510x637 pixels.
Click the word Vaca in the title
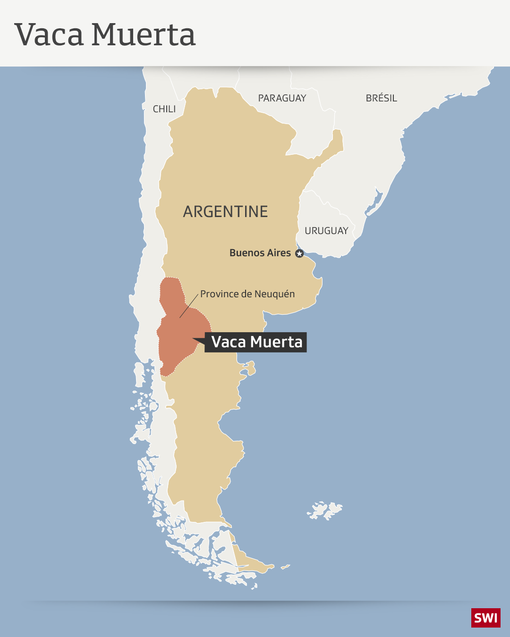(49, 35)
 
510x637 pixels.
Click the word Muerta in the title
(143, 35)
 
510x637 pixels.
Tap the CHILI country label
(164, 109)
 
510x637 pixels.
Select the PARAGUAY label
(282, 98)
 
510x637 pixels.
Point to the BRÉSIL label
(381, 98)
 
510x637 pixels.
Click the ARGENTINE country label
(225, 211)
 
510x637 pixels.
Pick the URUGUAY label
(326, 231)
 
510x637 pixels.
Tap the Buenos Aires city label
(260, 253)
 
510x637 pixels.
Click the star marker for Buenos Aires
(299, 253)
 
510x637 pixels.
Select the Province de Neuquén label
(247, 294)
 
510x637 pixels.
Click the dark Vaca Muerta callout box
(256, 342)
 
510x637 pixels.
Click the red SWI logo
(485, 618)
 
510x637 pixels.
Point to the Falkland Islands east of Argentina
(325, 510)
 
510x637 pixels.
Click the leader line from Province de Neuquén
(189, 306)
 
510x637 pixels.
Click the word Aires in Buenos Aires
(279, 253)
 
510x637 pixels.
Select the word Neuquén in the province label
(275, 294)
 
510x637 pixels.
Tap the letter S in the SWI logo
(478, 618)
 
